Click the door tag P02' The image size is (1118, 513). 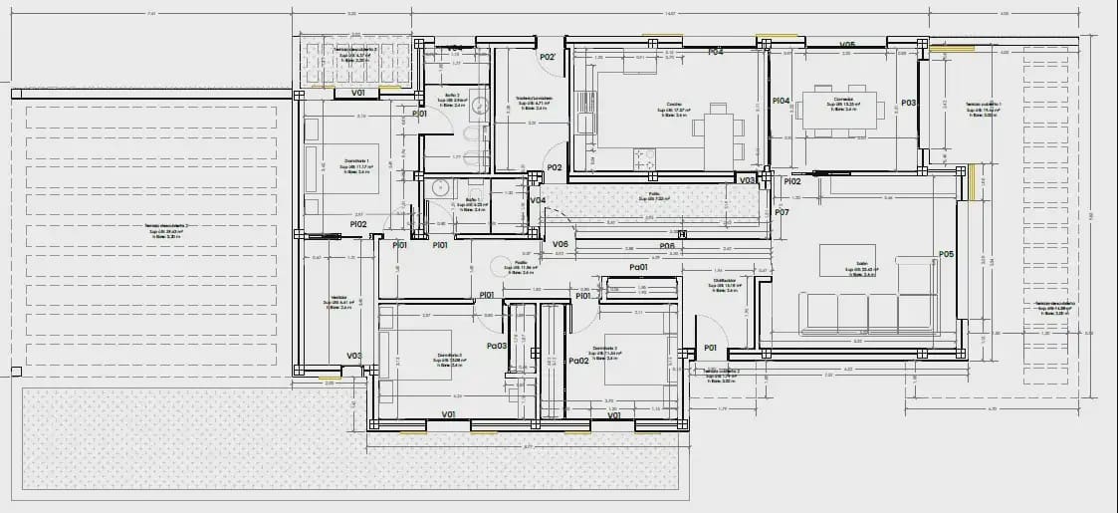(548, 58)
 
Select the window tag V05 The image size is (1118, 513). (847, 45)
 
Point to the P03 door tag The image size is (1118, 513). (908, 103)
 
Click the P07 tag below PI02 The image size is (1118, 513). (782, 212)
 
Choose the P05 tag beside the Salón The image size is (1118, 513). (946, 255)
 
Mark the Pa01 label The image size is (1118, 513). (639, 267)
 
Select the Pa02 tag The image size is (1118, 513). (577, 361)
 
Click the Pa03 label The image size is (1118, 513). (497, 346)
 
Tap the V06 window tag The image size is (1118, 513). (560, 244)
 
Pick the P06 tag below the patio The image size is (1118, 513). (667, 246)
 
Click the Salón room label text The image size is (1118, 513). (850, 269)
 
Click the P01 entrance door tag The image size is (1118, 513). (711, 348)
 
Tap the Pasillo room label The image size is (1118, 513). (520, 266)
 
